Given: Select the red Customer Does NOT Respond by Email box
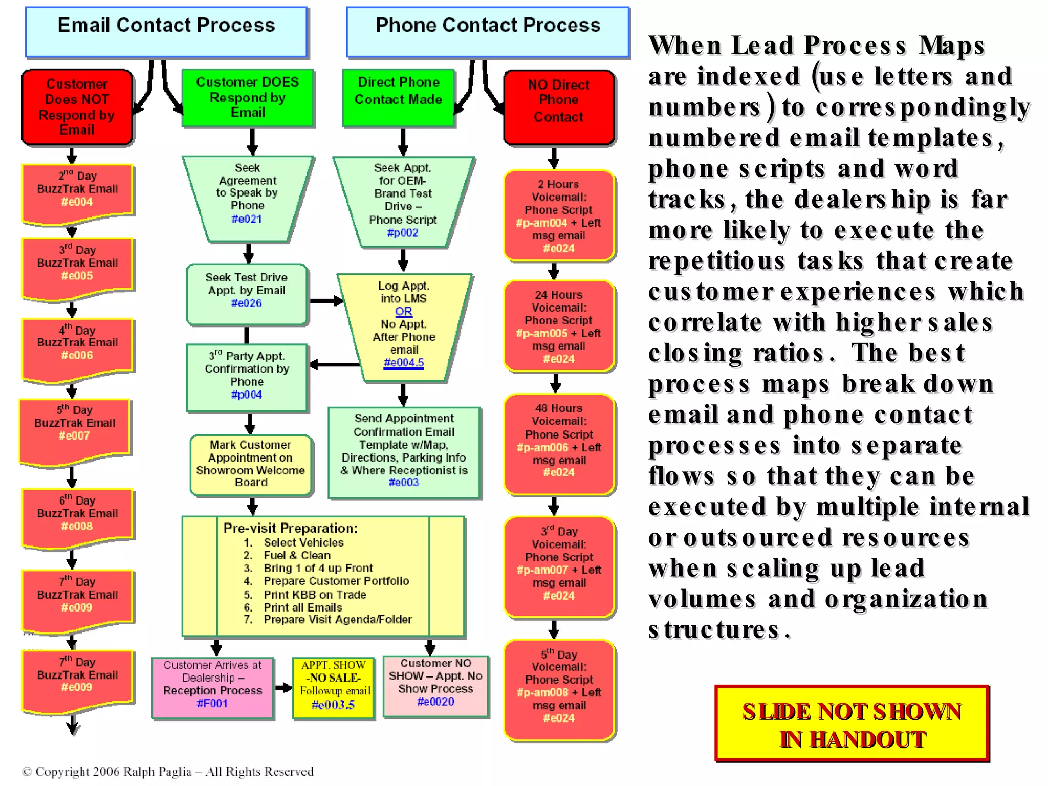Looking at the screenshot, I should pyautogui.click(x=77, y=107).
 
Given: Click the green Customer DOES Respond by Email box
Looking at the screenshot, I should pyautogui.click(x=248, y=98).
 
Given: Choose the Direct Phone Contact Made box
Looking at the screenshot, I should pyautogui.click(x=398, y=97).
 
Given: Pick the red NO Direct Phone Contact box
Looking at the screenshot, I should pyautogui.click(x=559, y=107).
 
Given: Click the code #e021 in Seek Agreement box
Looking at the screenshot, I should pyautogui.click(x=247, y=219).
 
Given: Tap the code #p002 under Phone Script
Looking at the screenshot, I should pyautogui.click(x=403, y=233).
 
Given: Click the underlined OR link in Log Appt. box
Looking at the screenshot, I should pyautogui.click(x=403, y=311).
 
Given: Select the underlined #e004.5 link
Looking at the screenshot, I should pyautogui.click(x=404, y=363).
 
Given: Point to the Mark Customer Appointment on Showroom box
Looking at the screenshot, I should pyautogui.click(x=251, y=464).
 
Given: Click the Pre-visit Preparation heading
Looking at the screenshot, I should pyautogui.click(x=291, y=528).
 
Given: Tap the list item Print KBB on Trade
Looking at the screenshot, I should pyautogui.click(x=315, y=595).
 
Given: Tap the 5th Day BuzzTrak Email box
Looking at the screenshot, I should pyautogui.click(x=75, y=430).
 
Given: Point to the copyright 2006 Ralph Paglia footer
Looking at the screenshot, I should pyautogui.click(x=168, y=772).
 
